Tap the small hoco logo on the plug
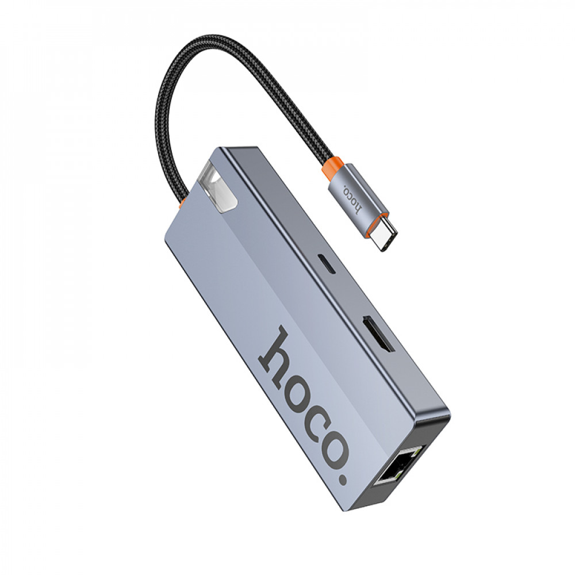pyautogui.click(x=352, y=198)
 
